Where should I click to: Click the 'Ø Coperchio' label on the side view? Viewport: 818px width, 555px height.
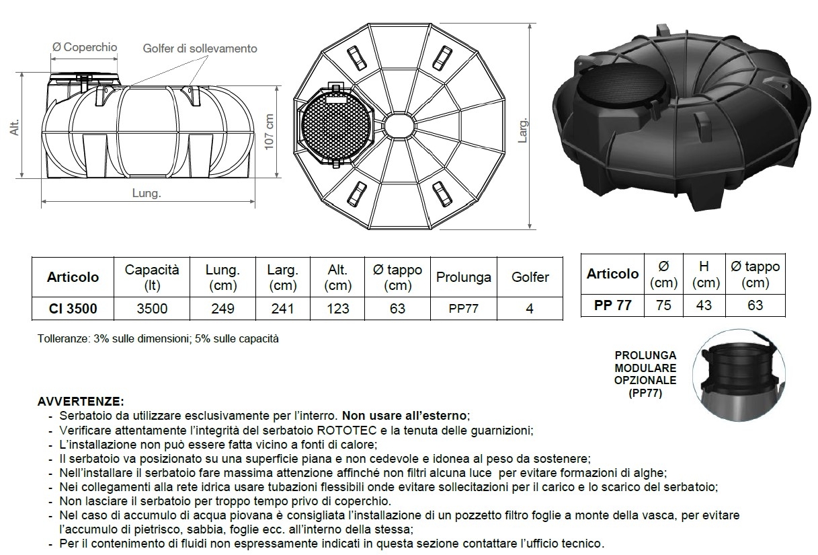pos(85,47)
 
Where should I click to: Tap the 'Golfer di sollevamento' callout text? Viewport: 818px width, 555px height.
pos(200,48)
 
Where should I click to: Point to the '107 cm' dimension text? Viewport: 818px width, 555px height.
pos(270,133)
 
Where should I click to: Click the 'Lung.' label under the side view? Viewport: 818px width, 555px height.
pos(147,193)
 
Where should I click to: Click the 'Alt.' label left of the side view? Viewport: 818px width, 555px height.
pos(15,128)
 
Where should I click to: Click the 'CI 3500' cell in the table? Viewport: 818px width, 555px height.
pos(73,309)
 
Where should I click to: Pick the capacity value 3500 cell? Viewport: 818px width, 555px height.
pos(152,309)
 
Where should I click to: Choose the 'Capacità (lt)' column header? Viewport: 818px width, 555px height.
pos(152,276)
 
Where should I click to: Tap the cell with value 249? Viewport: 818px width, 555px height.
pos(222,309)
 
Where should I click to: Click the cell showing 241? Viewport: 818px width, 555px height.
pos(282,309)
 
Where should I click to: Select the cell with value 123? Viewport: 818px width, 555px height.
pos(337,309)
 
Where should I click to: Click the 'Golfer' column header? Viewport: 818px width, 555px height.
pos(530,276)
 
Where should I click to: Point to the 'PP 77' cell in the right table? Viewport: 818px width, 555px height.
pos(612,305)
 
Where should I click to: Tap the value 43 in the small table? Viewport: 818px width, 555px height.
pos(703,305)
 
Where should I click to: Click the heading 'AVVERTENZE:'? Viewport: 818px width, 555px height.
pos(81,401)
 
